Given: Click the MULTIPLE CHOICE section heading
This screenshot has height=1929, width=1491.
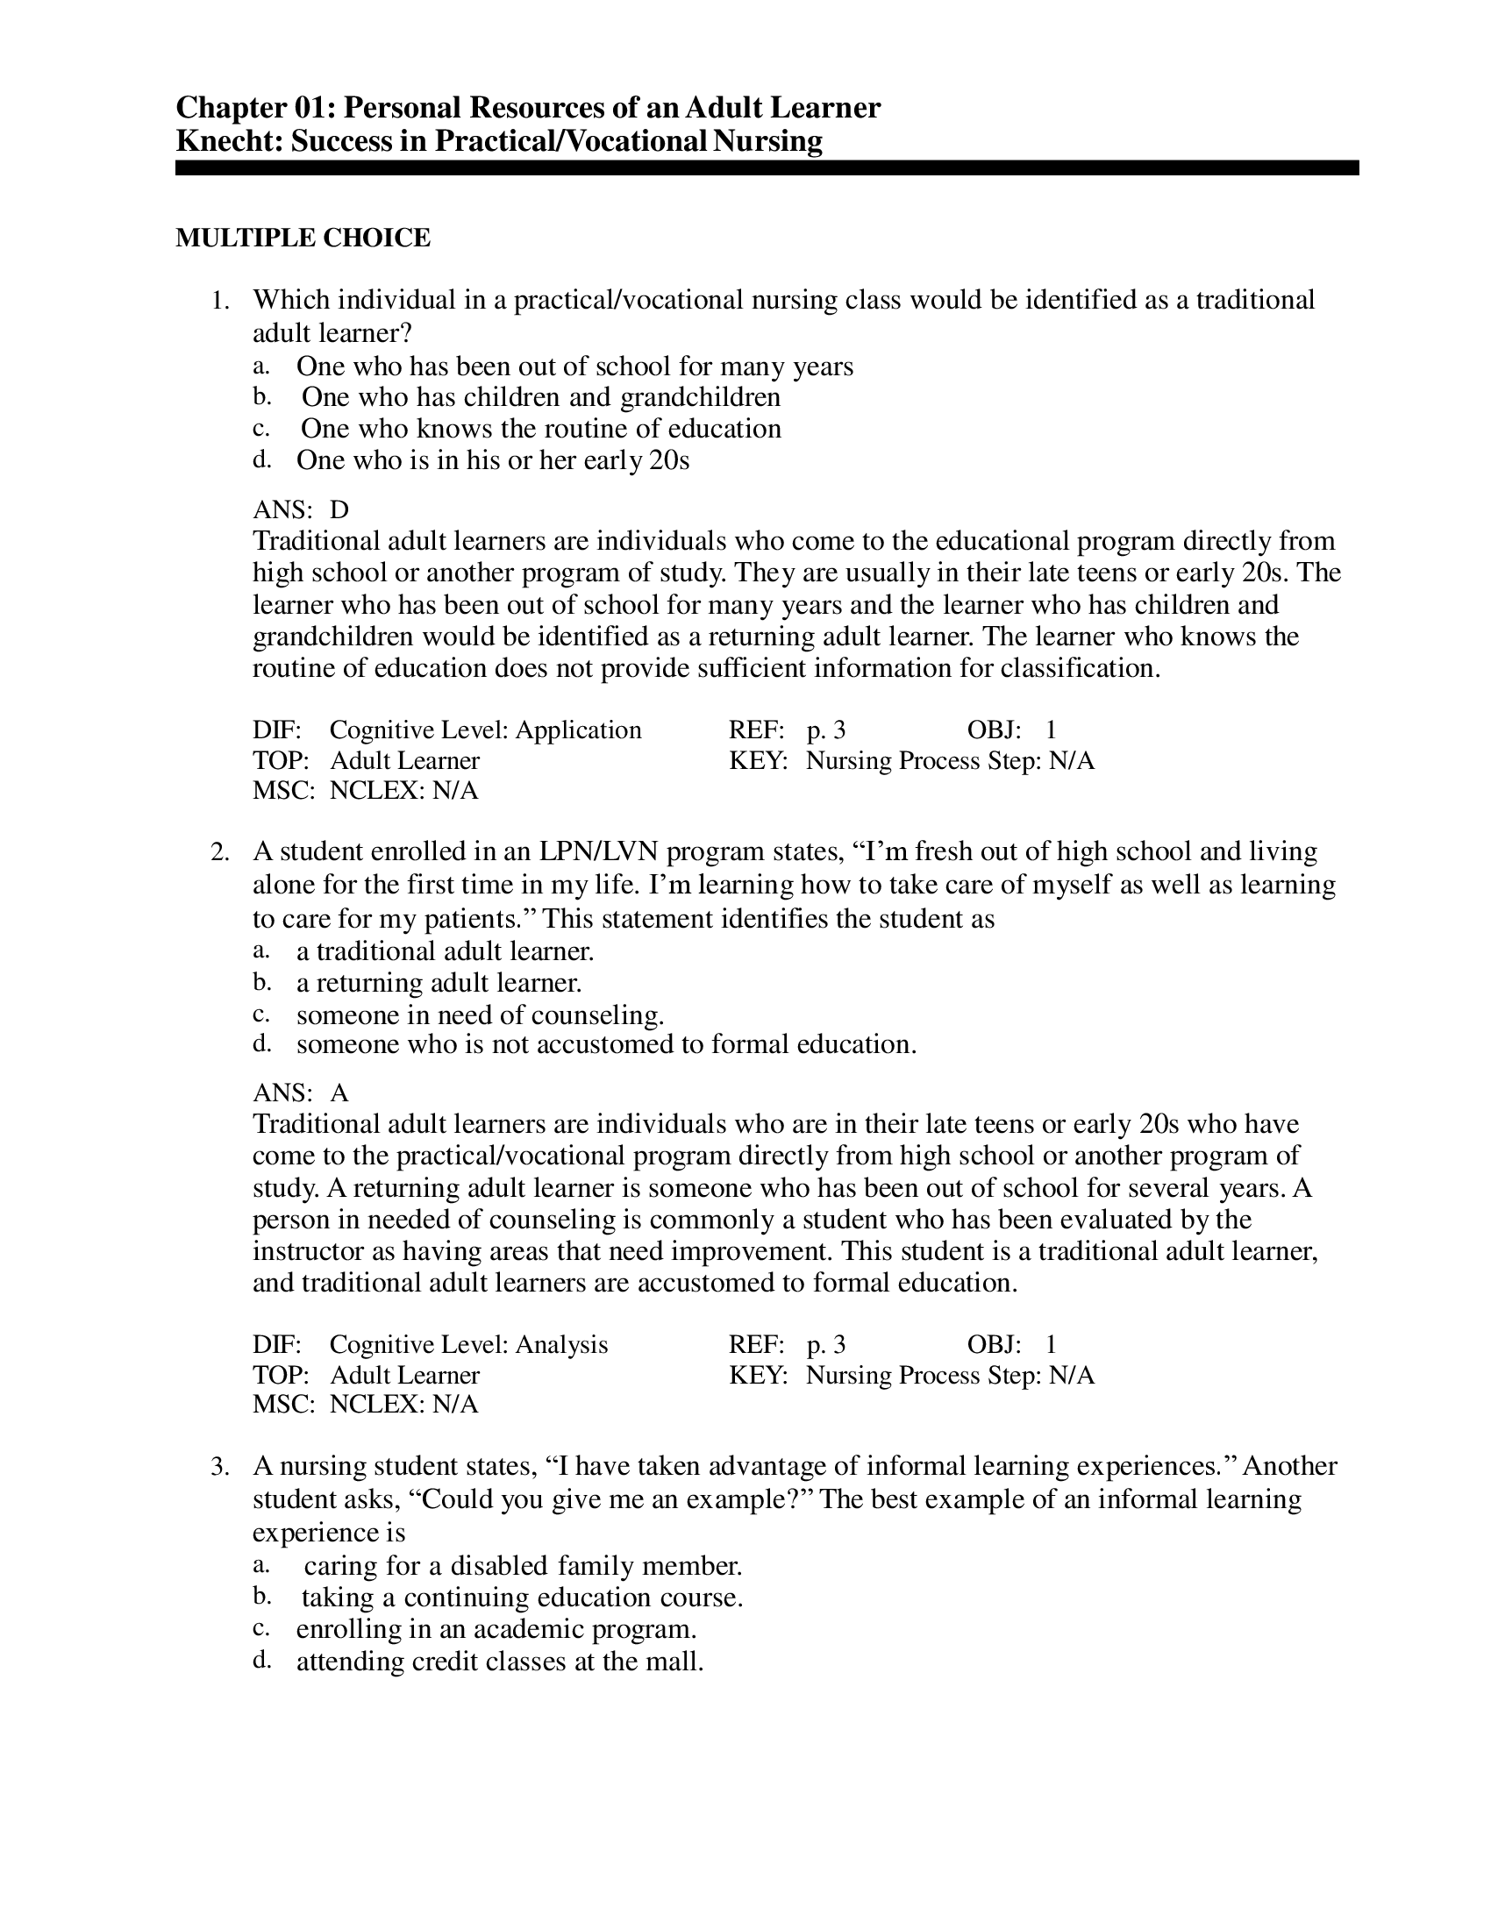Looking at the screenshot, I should (303, 238).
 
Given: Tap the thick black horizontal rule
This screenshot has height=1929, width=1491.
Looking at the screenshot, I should (766, 167).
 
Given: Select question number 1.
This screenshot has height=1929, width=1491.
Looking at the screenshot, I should (220, 301).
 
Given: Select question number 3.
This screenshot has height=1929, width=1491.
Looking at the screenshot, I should (220, 1467).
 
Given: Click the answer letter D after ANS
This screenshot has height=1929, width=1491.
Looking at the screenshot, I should (339, 510).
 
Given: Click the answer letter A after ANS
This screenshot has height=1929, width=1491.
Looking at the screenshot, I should (339, 1093).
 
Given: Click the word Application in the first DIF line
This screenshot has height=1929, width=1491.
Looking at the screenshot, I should (579, 730).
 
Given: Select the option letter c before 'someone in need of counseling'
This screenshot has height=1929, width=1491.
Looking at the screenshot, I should (260, 1014).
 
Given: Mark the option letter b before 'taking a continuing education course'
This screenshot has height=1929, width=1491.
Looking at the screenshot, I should (260, 1597).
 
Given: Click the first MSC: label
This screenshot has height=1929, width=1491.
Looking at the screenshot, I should (282, 791).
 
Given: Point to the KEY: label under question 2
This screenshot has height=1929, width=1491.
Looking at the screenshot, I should (757, 1375).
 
